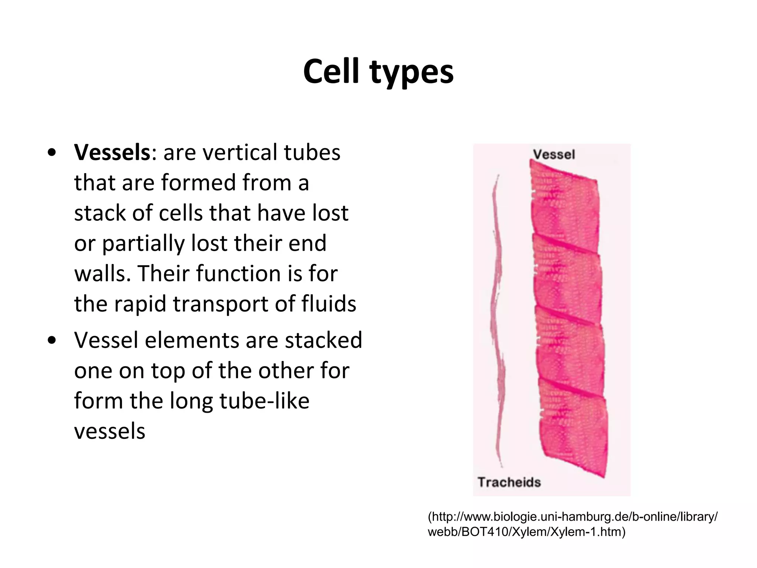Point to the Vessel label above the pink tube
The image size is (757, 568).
554,154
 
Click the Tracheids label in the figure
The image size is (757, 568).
509,482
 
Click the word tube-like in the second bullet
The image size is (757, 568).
264,401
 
